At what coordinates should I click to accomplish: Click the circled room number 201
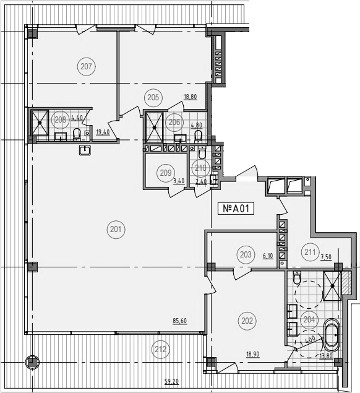click(116, 229)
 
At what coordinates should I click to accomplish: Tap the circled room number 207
click(87, 67)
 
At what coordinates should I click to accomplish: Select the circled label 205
click(153, 97)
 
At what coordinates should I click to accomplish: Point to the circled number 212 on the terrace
click(160, 349)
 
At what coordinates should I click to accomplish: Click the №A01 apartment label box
click(236, 209)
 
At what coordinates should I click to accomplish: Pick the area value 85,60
click(180, 321)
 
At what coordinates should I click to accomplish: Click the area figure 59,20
click(172, 382)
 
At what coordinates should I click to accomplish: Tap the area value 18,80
click(191, 97)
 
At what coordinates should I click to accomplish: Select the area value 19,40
click(103, 132)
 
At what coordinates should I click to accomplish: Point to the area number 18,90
click(253, 354)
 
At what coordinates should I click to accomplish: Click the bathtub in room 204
click(331, 335)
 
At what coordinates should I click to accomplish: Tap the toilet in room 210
click(202, 153)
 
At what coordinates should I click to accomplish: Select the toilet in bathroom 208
click(77, 134)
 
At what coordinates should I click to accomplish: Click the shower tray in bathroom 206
click(154, 127)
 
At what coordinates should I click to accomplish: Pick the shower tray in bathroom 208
click(40, 123)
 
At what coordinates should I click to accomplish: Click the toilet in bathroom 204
click(297, 278)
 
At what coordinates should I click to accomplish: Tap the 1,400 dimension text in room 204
click(307, 341)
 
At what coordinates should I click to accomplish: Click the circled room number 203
click(246, 254)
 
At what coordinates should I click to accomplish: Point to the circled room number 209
click(166, 173)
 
